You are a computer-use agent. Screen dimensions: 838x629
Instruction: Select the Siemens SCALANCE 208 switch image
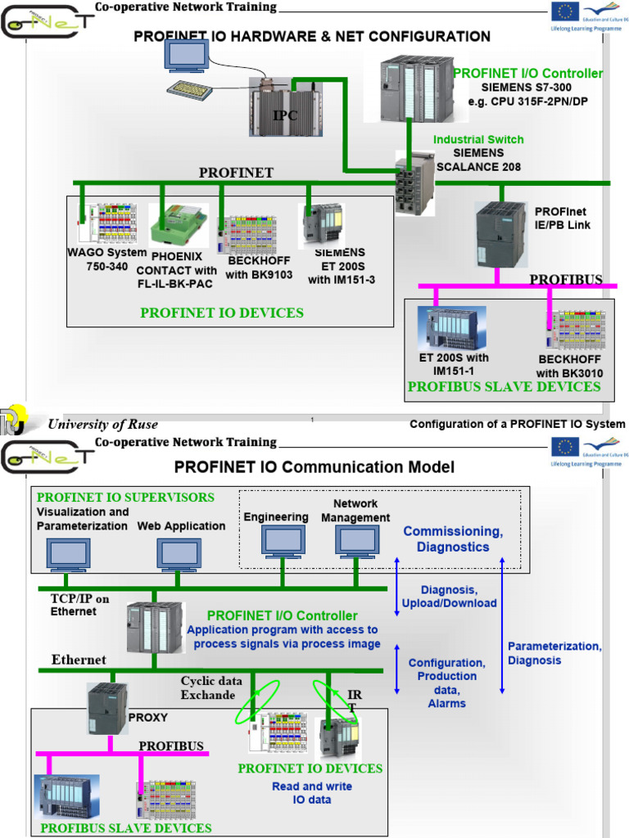[x=414, y=182]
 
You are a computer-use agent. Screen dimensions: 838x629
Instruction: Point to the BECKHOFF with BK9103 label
[x=259, y=268]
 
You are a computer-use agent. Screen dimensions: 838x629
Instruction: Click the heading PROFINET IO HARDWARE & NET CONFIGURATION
[x=312, y=37]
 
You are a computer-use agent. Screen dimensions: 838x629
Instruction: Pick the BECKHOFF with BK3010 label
[x=569, y=367]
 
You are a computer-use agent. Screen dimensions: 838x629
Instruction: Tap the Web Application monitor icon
[x=179, y=554]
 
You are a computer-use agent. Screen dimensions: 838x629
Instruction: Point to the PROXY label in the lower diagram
[x=147, y=718]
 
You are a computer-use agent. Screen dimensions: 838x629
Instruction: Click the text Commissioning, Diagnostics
[x=453, y=539]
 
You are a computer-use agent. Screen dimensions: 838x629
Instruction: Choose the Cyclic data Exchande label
[x=211, y=687]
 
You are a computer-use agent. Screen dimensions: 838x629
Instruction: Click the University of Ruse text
[x=102, y=424]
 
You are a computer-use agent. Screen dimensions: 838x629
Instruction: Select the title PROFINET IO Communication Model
[x=314, y=467]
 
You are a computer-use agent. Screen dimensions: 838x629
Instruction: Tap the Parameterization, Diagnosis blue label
[x=554, y=653]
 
